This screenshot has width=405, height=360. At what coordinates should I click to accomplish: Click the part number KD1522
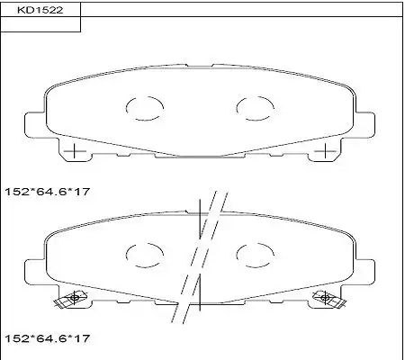point(40,10)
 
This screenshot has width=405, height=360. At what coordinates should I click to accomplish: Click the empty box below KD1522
point(40,24)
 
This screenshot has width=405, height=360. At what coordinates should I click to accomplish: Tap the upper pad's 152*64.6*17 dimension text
point(48,192)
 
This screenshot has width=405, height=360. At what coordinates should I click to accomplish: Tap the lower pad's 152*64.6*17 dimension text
point(48,338)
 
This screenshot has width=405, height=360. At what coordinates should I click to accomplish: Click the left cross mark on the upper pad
point(74,151)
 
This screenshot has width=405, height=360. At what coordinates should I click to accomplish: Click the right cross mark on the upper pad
point(326,151)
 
